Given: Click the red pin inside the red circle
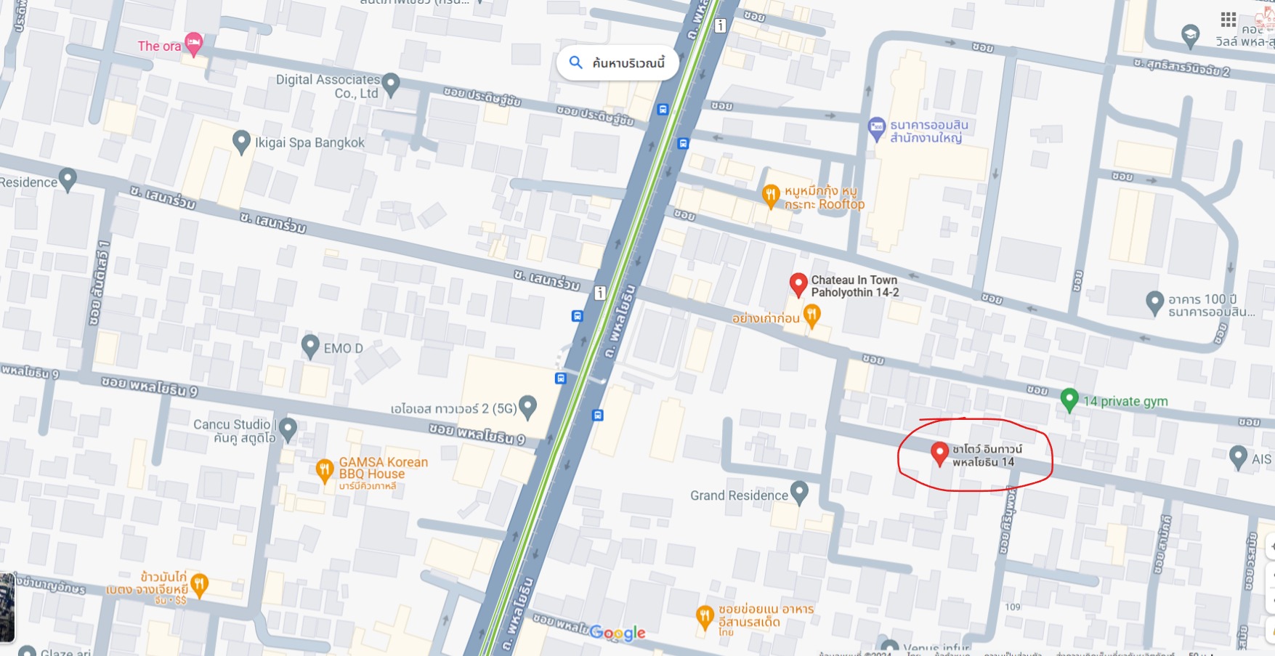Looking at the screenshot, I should pos(939,452).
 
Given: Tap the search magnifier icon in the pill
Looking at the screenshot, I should pos(575,62).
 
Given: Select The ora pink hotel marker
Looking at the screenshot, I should pos(193,44).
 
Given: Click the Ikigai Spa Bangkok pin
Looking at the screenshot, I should pos(240,141).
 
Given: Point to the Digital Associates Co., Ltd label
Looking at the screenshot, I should pos(328,86).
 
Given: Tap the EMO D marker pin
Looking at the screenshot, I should pos(310,346).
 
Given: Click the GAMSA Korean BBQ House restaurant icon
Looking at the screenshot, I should pos(325,469).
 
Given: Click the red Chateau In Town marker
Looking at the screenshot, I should pos(798,284).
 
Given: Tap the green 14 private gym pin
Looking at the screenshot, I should pos(1069,399).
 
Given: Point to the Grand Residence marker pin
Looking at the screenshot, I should pos(799,492).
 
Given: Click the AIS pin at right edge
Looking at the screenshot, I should pos(1238,456).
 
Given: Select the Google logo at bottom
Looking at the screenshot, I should pos(617,633).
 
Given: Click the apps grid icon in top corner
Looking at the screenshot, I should pos(1228,19).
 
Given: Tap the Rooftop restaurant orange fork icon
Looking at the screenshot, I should pos(771,195).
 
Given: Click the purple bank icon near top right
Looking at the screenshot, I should pos(877,128).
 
